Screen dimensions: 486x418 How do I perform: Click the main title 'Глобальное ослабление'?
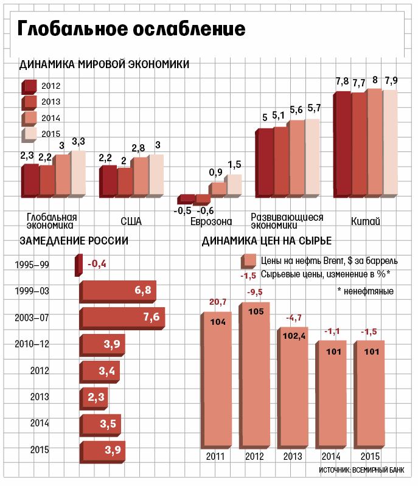coord(131,29)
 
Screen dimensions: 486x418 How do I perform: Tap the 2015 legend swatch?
coord(30,134)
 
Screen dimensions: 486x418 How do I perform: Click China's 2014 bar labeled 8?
coord(374,144)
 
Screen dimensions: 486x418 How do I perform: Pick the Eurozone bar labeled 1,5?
coord(234,186)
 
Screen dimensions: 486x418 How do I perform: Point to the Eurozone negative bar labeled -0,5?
coord(184,199)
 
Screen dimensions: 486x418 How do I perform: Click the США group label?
coord(131,221)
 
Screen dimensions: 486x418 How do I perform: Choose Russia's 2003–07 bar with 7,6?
coord(122,318)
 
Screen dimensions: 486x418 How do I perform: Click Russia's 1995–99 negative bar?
coord(78,266)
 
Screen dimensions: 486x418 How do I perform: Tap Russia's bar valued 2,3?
coord(94,398)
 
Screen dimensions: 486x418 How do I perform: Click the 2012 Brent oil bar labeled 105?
coord(256,377)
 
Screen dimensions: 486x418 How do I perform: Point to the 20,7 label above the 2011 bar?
coord(218,302)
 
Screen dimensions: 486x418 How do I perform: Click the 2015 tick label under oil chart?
coord(371,456)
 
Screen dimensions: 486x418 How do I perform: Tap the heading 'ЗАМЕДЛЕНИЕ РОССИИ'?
coord(74,240)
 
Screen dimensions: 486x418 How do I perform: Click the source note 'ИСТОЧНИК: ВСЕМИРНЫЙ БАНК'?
coord(361,470)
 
